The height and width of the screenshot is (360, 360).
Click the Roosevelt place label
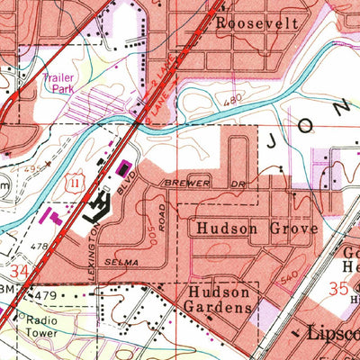pyautogui.click(x=256, y=23)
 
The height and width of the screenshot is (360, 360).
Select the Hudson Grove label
pyautogui.click(x=256, y=229)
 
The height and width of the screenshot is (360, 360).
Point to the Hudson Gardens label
pyautogui.click(x=219, y=301)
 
